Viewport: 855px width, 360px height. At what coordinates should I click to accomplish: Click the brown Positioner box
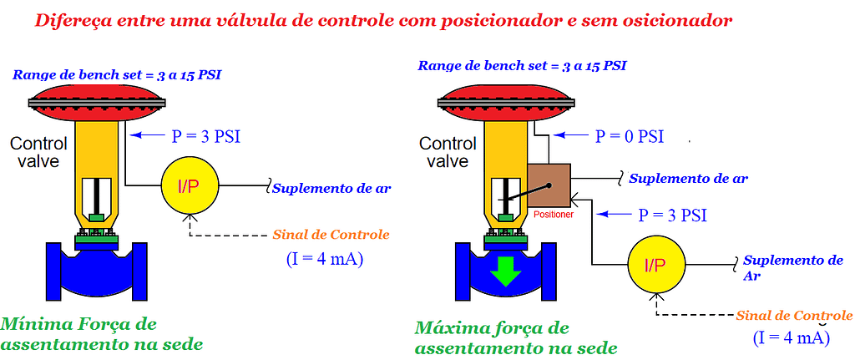[x=548, y=184]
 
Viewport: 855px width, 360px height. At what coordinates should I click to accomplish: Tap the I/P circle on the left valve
[x=189, y=184]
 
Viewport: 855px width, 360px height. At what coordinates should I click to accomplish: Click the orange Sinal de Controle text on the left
[x=331, y=235]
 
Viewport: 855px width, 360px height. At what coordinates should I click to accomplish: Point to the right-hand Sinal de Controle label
[x=794, y=316]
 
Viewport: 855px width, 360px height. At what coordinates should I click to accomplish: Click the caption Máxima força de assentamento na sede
[x=516, y=337]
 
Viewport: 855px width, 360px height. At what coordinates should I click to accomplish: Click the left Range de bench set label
[x=116, y=75]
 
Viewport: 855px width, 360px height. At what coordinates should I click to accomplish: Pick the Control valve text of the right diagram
[x=448, y=152]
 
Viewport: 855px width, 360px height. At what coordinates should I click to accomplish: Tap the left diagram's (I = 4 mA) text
[x=324, y=259]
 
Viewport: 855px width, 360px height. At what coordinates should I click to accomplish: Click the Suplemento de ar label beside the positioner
[x=687, y=178]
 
